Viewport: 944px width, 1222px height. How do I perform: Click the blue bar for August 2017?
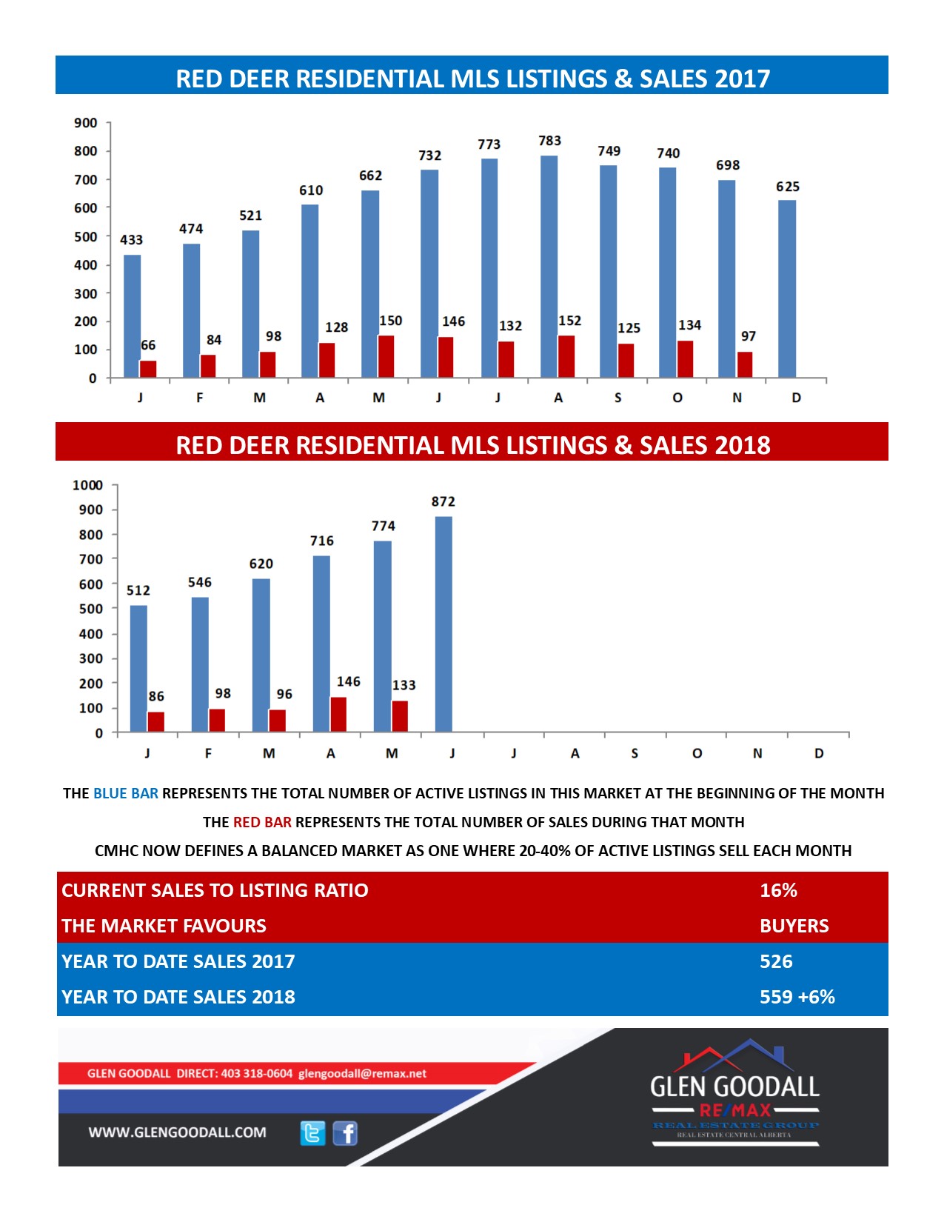click(x=549, y=267)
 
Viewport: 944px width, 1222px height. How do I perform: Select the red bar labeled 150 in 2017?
click(x=386, y=356)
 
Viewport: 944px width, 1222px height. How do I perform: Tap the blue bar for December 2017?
click(x=786, y=289)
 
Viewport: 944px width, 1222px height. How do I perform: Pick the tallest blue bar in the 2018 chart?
click(x=443, y=624)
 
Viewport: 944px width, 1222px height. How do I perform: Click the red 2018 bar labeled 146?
click(x=338, y=715)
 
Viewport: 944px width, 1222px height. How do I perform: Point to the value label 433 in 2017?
click(x=131, y=240)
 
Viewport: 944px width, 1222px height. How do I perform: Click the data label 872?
click(x=443, y=501)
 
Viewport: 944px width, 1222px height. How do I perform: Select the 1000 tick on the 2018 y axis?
click(x=87, y=485)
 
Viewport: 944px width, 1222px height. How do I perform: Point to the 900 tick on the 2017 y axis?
click(x=85, y=123)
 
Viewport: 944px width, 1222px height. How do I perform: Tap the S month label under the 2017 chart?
click(x=617, y=398)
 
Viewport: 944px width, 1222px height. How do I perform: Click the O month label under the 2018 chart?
click(x=697, y=753)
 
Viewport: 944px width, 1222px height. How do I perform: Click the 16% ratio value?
click(x=778, y=890)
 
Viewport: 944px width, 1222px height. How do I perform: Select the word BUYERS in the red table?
click(x=794, y=926)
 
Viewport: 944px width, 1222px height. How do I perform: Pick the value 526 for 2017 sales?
click(x=776, y=961)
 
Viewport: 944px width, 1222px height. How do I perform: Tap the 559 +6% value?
click(x=797, y=997)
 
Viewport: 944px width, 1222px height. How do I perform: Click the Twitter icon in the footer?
click(x=312, y=1133)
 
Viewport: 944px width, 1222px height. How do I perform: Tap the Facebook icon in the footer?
click(x=345, y=1133)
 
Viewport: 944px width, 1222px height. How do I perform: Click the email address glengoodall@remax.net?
click(x=362, y=1074)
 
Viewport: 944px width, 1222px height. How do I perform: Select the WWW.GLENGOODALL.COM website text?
click(x=177, y=1132)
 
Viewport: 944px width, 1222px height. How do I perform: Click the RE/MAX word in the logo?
click(x=735, y=1110)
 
